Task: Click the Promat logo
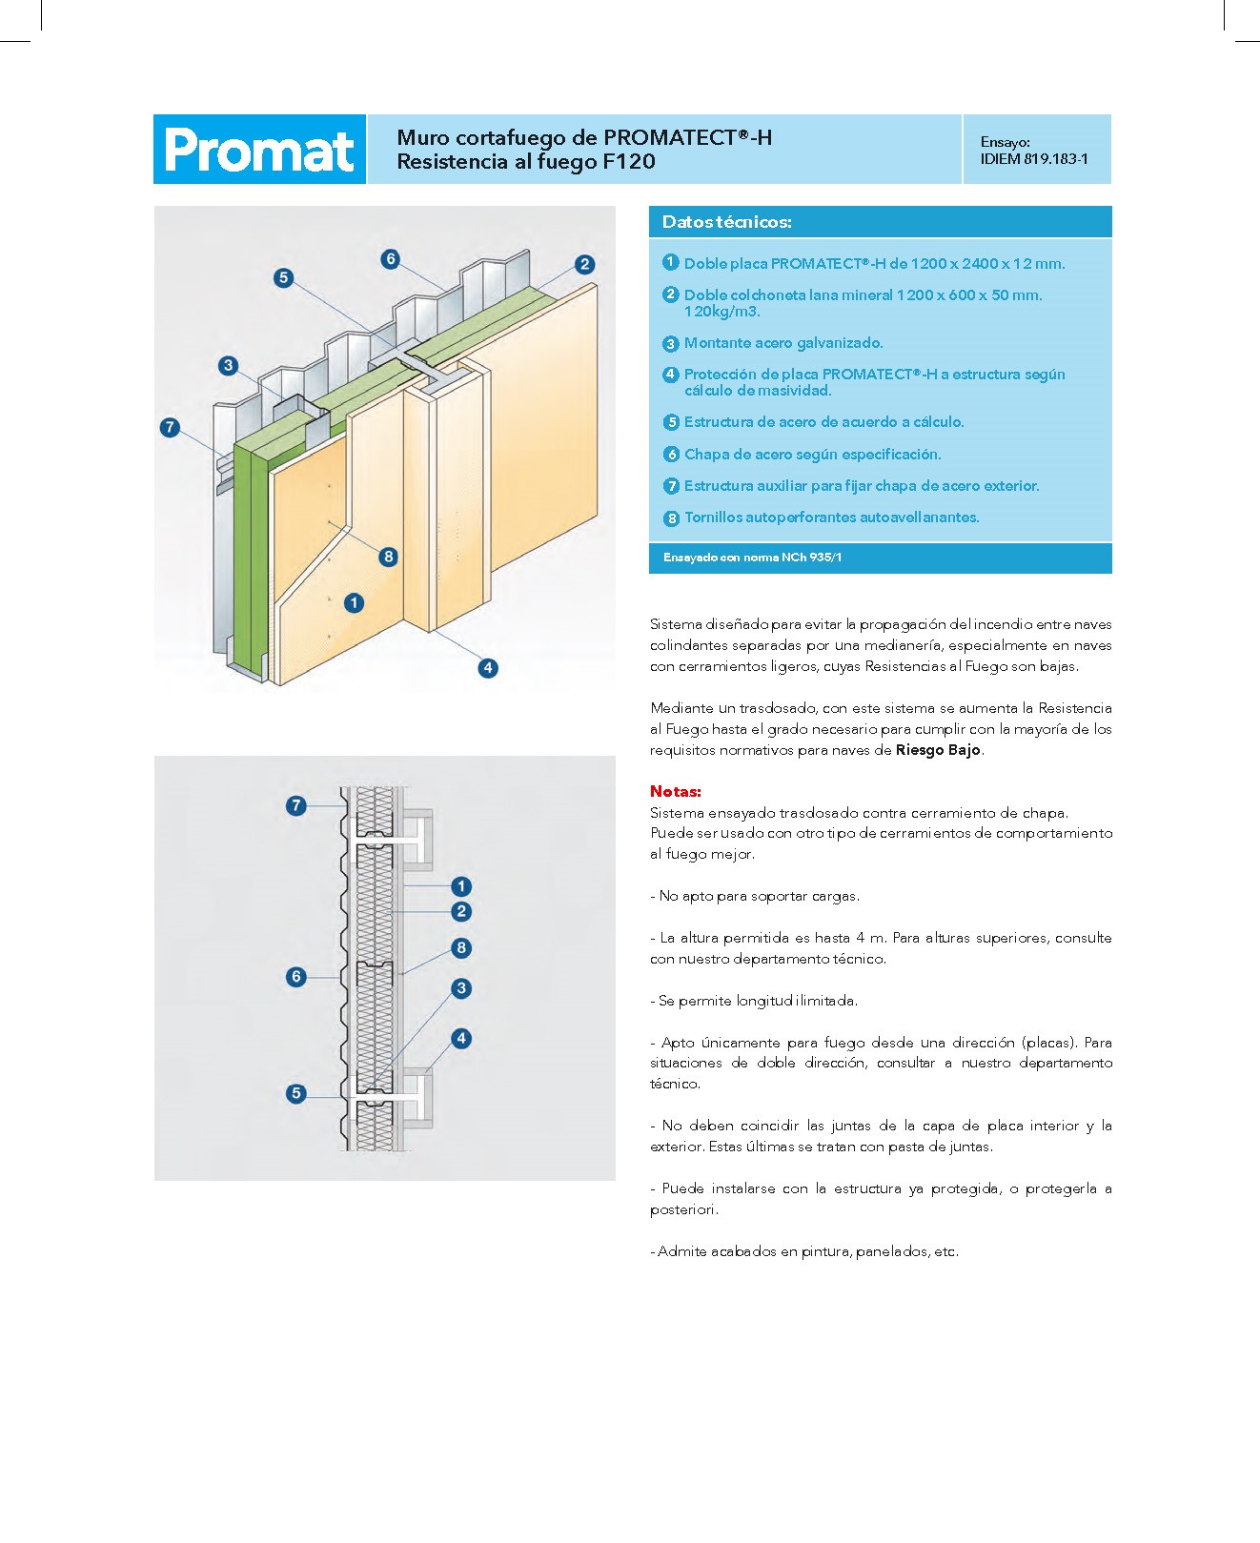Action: (x=259, y=150)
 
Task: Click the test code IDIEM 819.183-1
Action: (x=1033, y=159)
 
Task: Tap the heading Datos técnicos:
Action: (x=726, y=222)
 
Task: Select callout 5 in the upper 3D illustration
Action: (x=283, y=277)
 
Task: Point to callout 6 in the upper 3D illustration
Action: (x=390, y=258)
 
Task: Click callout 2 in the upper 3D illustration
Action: (x=584, y=264)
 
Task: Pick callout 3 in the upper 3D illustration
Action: (x=228, y=365)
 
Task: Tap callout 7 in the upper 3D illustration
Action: (x=170, y=427)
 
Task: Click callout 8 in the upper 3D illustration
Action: (x=388, y=557)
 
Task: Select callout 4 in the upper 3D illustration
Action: (x=488, y=668)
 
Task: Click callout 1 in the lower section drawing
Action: (x=461, y=886)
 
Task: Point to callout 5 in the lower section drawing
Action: (x=296, y=1093)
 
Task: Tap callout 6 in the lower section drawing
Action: (x=296, y=976)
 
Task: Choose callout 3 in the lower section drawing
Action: (x=461, y=988)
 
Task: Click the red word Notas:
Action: (x=675, y=791)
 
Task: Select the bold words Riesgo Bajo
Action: (x=938, y=750)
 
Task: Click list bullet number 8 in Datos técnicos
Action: (x=671, y=518)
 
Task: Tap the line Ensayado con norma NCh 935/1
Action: (x=752, y=558)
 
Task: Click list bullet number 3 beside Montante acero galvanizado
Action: (x=671, y=343)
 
